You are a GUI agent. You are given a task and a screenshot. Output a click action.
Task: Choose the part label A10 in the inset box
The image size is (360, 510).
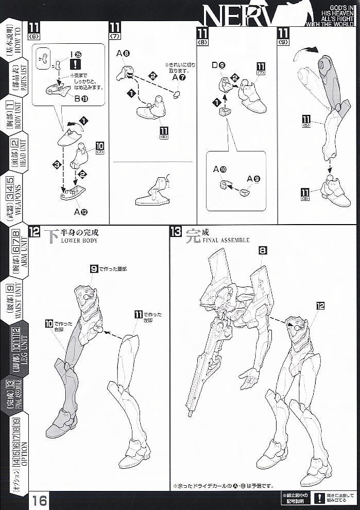220,168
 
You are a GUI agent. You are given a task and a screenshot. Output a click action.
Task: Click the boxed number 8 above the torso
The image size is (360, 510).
262,250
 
